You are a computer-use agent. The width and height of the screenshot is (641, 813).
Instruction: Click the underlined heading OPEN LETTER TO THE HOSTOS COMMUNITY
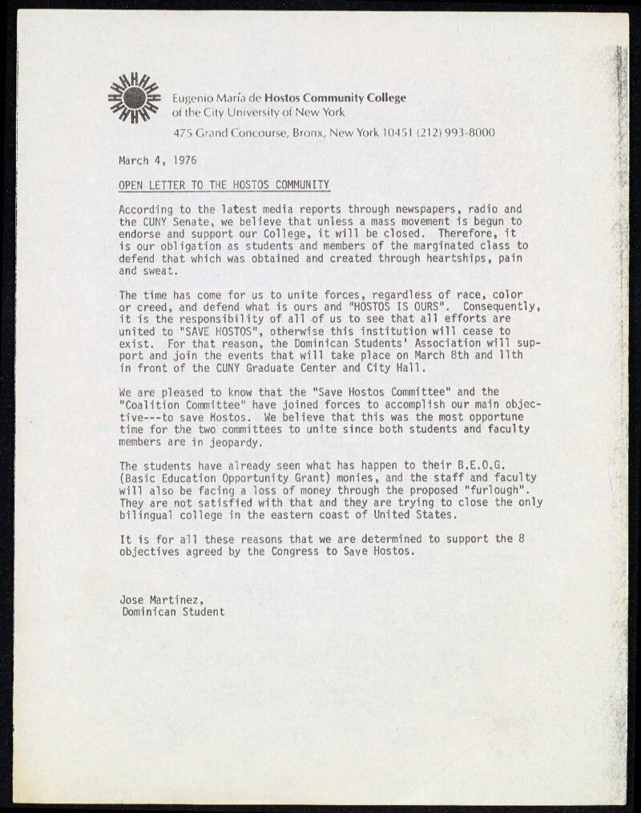click(x=224, y=185)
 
